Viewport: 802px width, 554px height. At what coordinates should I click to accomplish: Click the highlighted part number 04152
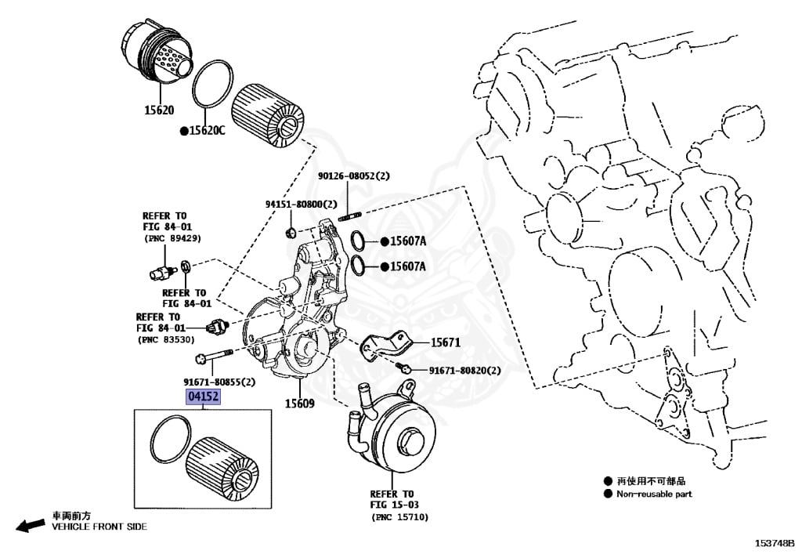[203, 397]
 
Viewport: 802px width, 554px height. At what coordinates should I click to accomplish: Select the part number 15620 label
[159, 110]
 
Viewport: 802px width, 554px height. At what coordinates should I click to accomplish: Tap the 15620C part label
[206, 130]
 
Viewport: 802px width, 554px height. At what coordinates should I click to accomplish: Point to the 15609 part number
[298, 404]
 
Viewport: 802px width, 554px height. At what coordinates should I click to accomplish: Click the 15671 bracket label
[445, 342]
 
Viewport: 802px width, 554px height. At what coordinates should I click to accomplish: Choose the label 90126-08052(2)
[353, 177]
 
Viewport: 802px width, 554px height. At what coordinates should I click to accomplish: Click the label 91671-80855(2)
[219, 382]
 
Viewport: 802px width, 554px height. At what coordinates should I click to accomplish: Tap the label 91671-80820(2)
[464, 370]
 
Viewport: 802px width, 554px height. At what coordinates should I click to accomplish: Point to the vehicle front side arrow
[31, 526]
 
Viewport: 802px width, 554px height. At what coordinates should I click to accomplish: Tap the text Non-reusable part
[654, 494]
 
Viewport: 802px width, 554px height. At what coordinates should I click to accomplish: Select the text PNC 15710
[399, 517]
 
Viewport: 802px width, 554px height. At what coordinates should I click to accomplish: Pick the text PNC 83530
[165, 339]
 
